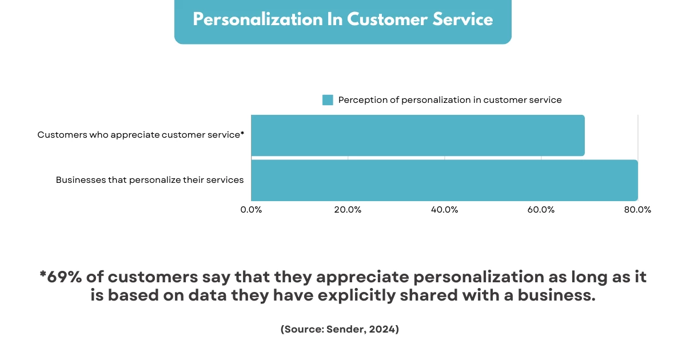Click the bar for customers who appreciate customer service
[x=417, y=135]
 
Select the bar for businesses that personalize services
[x=444, y=180]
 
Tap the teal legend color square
[x=328, y=100]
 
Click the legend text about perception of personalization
[x=450, y=100]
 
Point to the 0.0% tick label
[x=251, y=210]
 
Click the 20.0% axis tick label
[x=348, y=210]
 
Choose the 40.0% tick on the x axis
[x=444, y=210]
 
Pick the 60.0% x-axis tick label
[x=541, y=210]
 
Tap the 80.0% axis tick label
[x=637, y=210]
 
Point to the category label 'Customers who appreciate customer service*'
[x=141, y=135]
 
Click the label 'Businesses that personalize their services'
[x=150, y=180]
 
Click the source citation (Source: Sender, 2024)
[x=340, y=330]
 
